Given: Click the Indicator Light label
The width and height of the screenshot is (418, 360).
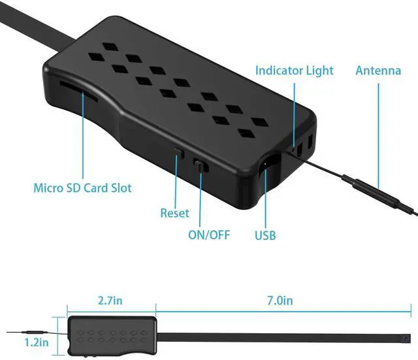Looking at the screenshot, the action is [294, 70].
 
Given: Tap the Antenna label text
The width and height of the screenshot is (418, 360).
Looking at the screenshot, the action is [378, 70].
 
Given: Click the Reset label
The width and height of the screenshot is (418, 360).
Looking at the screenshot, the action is [174, 213].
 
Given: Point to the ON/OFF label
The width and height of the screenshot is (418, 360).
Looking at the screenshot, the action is [208, 235].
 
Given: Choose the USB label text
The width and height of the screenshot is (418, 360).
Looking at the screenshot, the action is [265, 235].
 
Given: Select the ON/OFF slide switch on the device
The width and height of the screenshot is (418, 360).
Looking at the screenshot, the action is [202, 167].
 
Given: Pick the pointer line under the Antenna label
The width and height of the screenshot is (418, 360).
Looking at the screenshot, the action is [378, 131].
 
